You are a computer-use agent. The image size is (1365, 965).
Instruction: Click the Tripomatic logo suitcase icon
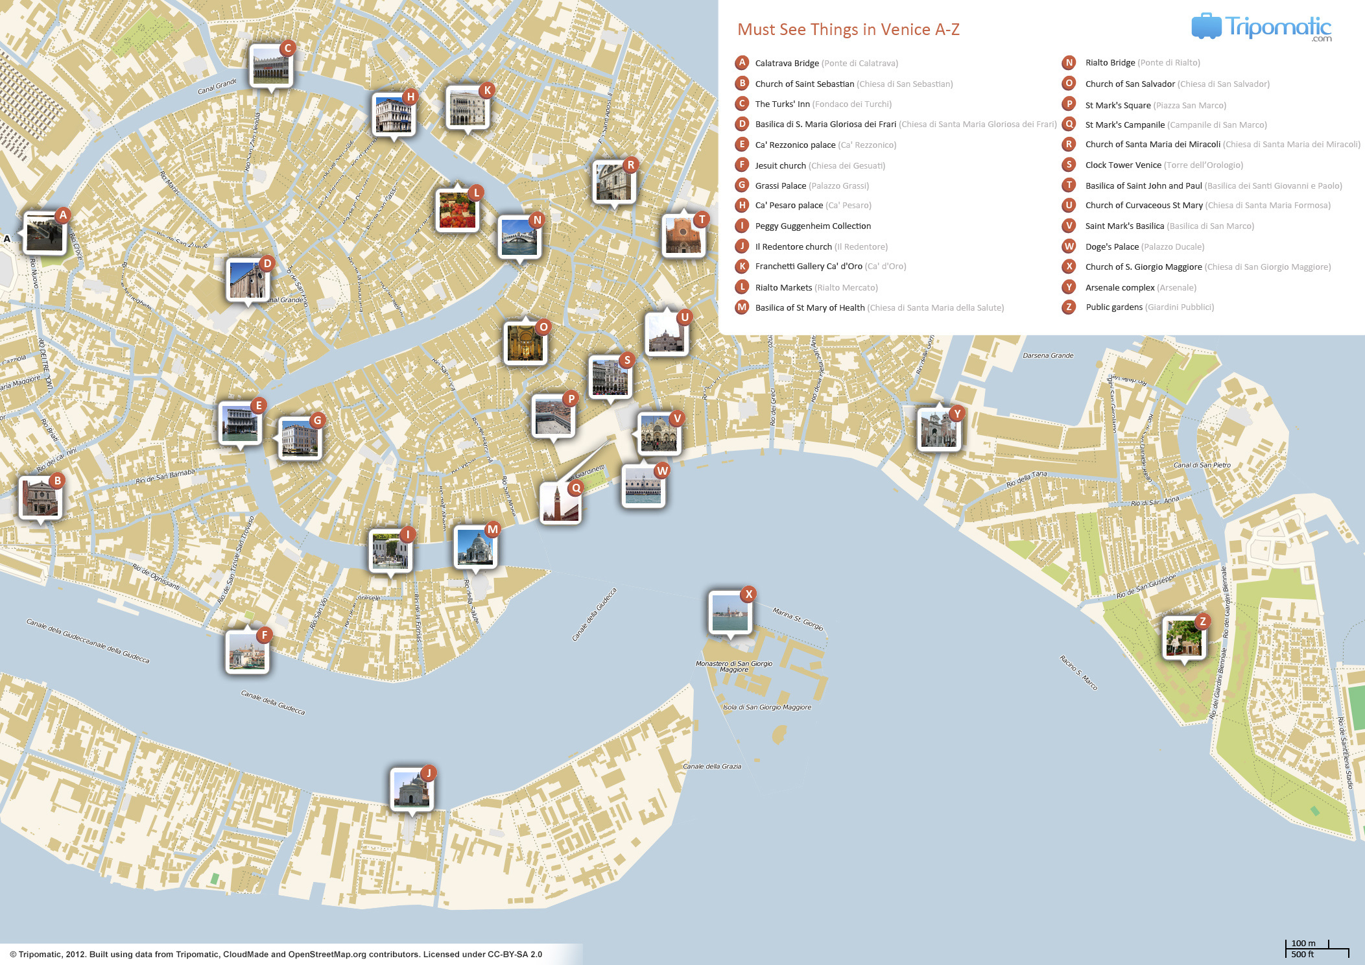click(x=1205, y=26)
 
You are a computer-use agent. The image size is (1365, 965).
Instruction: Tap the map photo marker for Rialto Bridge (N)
click(x=519, y=237)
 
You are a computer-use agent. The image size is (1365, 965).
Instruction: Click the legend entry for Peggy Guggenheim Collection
click(x=813, y=226)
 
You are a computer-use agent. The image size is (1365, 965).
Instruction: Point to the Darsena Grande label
click(x=1048, y=355)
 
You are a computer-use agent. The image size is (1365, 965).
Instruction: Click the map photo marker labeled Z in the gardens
click(x=1183, y=638)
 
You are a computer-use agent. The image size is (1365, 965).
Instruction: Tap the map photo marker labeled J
click(x=411, y=789)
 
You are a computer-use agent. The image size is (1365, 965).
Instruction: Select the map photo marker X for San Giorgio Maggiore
click(x=730, y=612)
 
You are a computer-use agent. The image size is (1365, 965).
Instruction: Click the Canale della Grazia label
click(x=711, y=767)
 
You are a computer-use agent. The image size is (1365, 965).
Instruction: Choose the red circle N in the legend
click(x=1069, y=63)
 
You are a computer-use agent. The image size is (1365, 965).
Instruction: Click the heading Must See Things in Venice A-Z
click(x=848, y=29)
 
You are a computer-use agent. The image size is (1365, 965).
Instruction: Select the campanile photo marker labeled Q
click(x=560, y=503)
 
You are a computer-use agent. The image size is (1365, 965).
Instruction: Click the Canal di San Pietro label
click(x=1202, y=465)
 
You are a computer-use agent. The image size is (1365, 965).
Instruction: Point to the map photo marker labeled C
click(x=270, y=66)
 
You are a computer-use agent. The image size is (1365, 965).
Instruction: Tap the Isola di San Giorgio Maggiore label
click(x=766, y=707)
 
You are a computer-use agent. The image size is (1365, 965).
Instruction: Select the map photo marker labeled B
click(x=40, y=498)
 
